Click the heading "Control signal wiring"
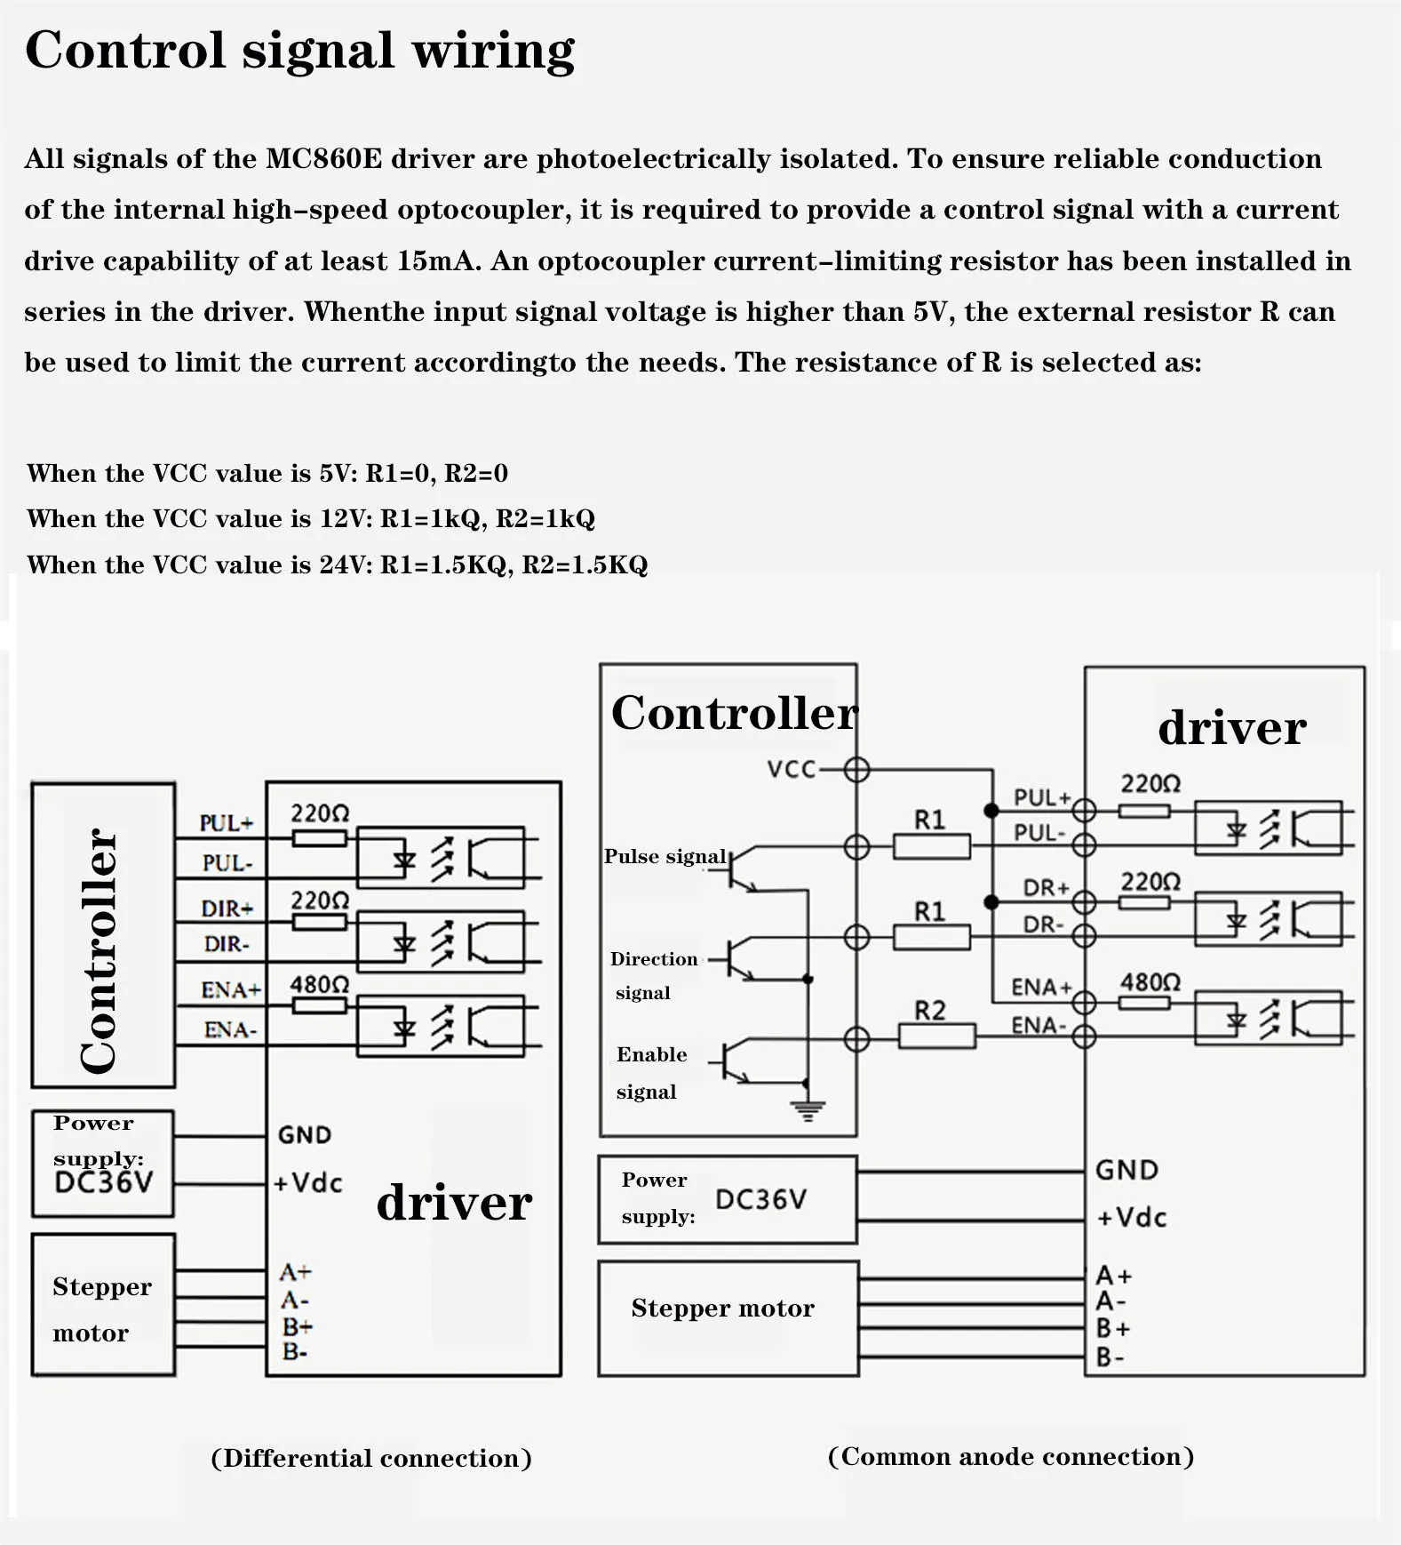point(299,51)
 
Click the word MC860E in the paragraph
point(323,159)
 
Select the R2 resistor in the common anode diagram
point(936,1036)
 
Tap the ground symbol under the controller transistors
point(808,1110)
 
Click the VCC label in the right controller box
point(791,770)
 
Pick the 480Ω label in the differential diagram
point(319,985)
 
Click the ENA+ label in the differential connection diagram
point(230,990)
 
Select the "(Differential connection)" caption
point(370,1459)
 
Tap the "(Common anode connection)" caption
point(1010,1457)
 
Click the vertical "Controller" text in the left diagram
point(99,950)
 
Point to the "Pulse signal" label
point(665,857)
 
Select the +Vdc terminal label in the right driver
point(1131,1218)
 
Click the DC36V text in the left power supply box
point(103,1182)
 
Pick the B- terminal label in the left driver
point(295,1352)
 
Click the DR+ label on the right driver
point(1046,888)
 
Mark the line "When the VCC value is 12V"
point(311,519)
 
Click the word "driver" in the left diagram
point(454,1203)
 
